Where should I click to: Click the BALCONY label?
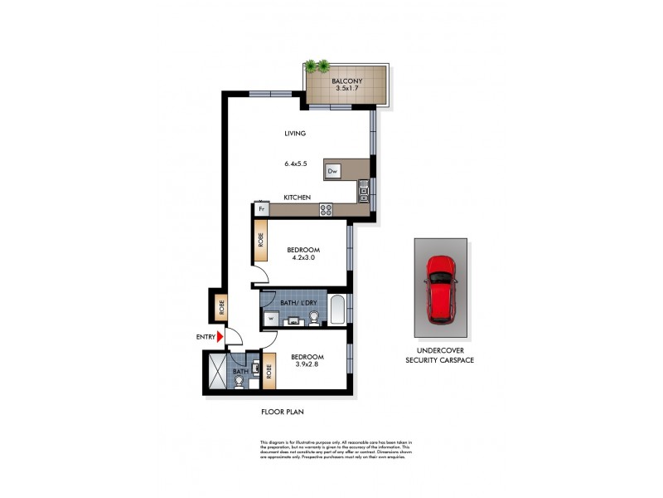point(346,81)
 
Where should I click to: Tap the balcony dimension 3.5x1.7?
point(346,90)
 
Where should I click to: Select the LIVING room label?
point(295,133)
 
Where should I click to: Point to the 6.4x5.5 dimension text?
point(296,164)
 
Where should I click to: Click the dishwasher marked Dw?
point(332,172)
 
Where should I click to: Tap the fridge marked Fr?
point(261,209)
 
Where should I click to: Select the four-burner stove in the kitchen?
point(326,209)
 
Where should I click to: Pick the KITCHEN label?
point(297,198)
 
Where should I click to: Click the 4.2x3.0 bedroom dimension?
point(304,258)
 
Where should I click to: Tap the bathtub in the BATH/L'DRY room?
point(336,310)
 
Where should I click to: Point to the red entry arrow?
point(220,337)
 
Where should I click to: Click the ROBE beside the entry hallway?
point(220,307)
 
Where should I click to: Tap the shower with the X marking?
point(215,372)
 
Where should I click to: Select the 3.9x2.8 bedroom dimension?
point(305,368)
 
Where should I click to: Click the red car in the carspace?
point(439,288)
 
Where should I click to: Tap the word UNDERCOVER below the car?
point(439,351)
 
